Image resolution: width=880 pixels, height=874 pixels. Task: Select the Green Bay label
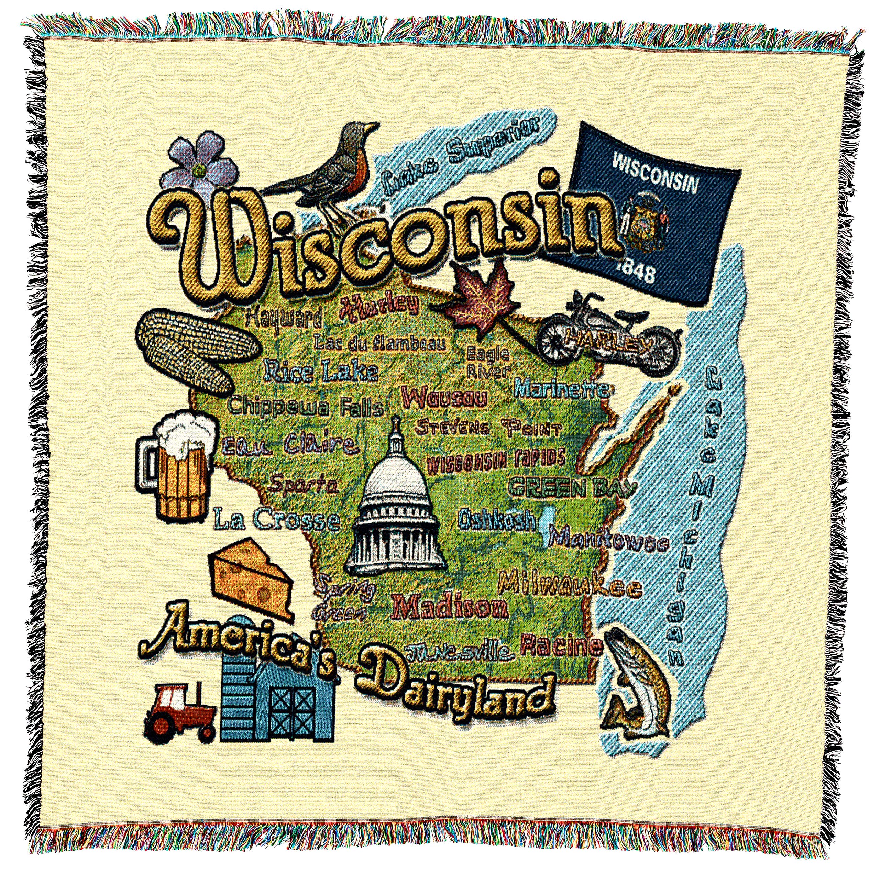(572, 488)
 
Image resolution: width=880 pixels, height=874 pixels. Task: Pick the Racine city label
(561, 646)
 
